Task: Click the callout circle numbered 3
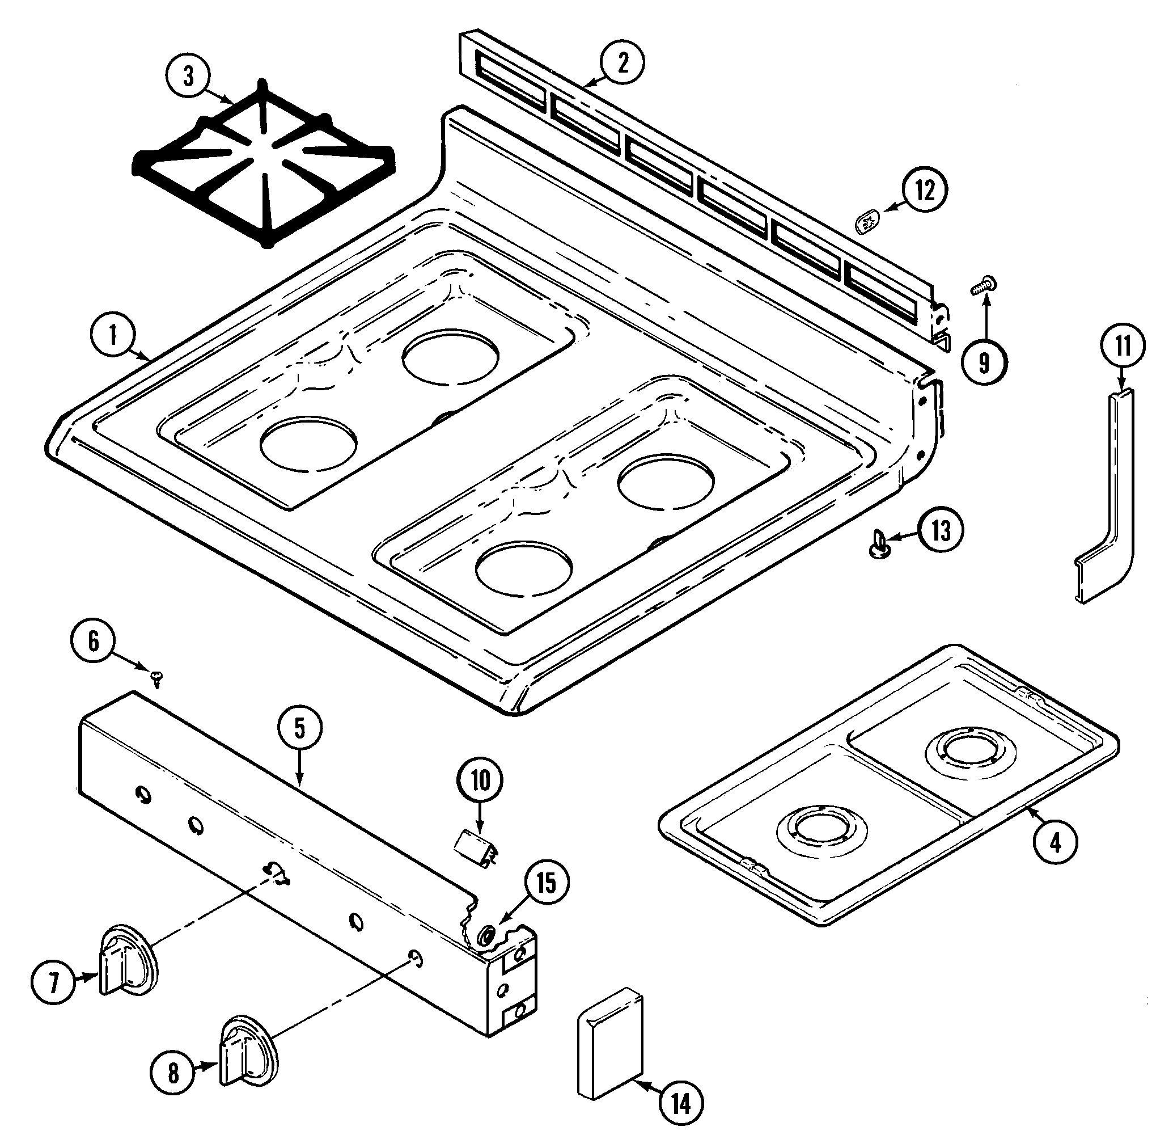189,77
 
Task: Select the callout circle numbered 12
925,191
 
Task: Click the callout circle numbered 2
622,62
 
